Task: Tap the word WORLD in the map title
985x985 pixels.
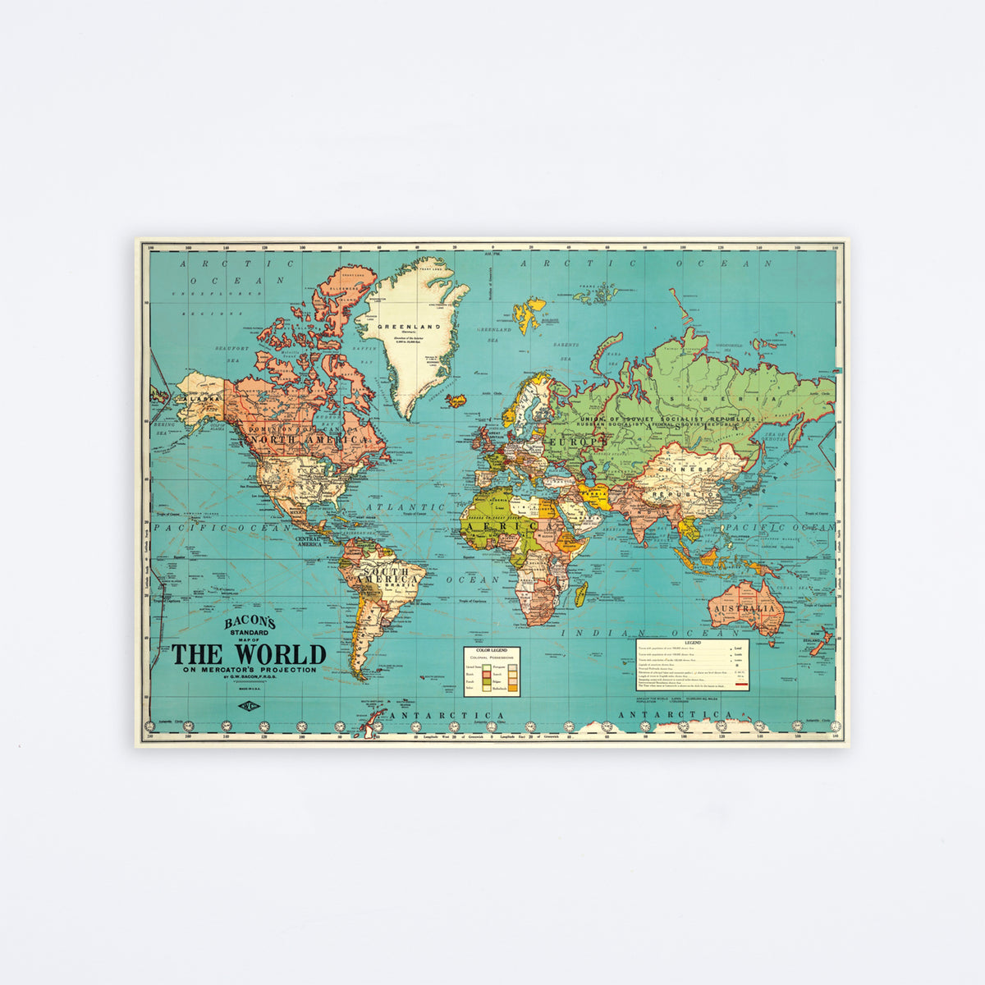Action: point(280,654)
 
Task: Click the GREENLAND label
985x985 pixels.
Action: point(409,326)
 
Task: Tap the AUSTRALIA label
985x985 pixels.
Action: point(743,608)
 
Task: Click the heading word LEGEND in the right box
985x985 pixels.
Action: point(693,642)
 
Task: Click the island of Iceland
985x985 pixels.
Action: point(456,401)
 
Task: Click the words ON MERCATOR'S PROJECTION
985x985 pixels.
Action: point(250,670)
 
